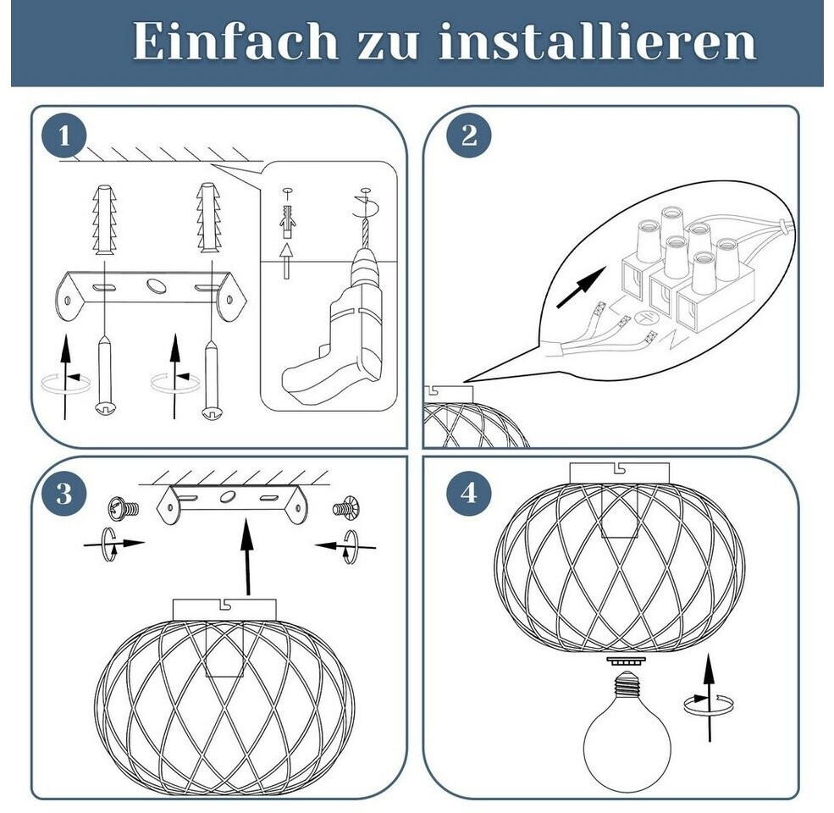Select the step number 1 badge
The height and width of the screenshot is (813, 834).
64,135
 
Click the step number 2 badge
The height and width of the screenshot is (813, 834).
468,135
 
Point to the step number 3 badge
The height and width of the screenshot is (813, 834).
64,493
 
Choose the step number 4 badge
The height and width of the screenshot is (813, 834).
468,493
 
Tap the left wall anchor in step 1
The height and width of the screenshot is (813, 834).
104,219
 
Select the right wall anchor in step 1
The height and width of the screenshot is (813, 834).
208,218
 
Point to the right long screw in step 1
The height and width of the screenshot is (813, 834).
213,379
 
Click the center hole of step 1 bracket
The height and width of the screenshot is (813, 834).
156,285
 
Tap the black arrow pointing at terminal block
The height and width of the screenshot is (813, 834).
581,287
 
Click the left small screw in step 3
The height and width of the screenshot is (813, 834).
124,508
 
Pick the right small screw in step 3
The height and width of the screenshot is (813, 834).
346,507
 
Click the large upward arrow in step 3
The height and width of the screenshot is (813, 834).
246,557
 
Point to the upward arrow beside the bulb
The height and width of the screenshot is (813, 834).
709,698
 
